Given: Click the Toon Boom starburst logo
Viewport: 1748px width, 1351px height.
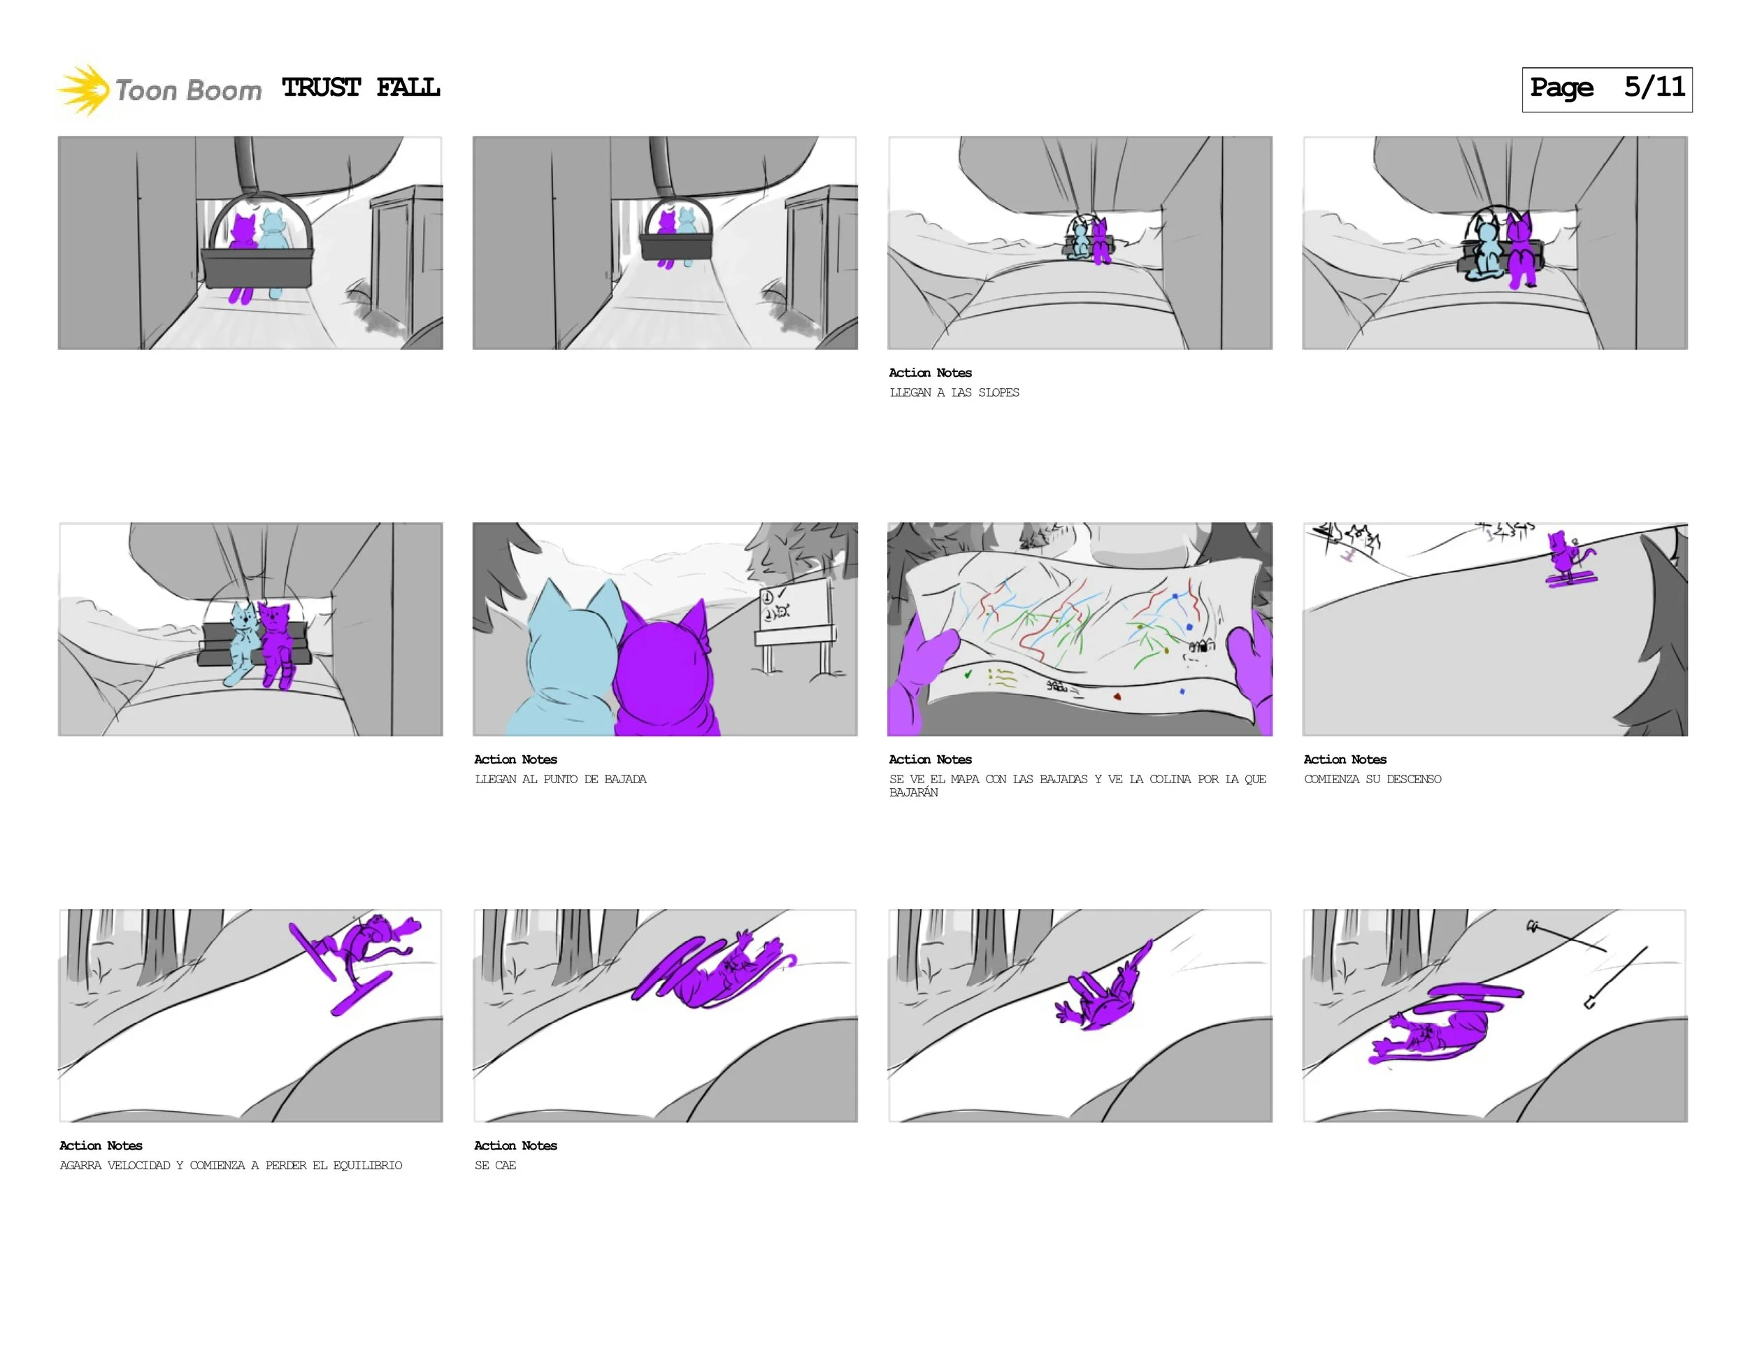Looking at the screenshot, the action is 83,90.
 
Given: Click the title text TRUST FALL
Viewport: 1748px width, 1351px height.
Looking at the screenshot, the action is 361,87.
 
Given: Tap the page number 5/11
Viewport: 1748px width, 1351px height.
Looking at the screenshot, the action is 1654,87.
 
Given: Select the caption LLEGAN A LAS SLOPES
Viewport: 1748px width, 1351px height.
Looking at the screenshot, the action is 954,392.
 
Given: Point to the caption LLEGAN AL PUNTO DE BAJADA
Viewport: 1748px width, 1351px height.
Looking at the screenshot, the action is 560,779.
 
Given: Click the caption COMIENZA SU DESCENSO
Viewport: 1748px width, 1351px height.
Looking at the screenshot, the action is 1372,779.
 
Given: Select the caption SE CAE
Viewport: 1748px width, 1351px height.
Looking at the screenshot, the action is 496,1165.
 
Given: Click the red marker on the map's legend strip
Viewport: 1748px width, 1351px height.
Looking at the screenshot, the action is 1117,696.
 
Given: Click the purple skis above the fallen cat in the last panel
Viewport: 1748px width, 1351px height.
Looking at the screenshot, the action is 1473,996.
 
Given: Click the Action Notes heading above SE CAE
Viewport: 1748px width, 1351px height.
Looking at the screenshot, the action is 515,1145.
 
